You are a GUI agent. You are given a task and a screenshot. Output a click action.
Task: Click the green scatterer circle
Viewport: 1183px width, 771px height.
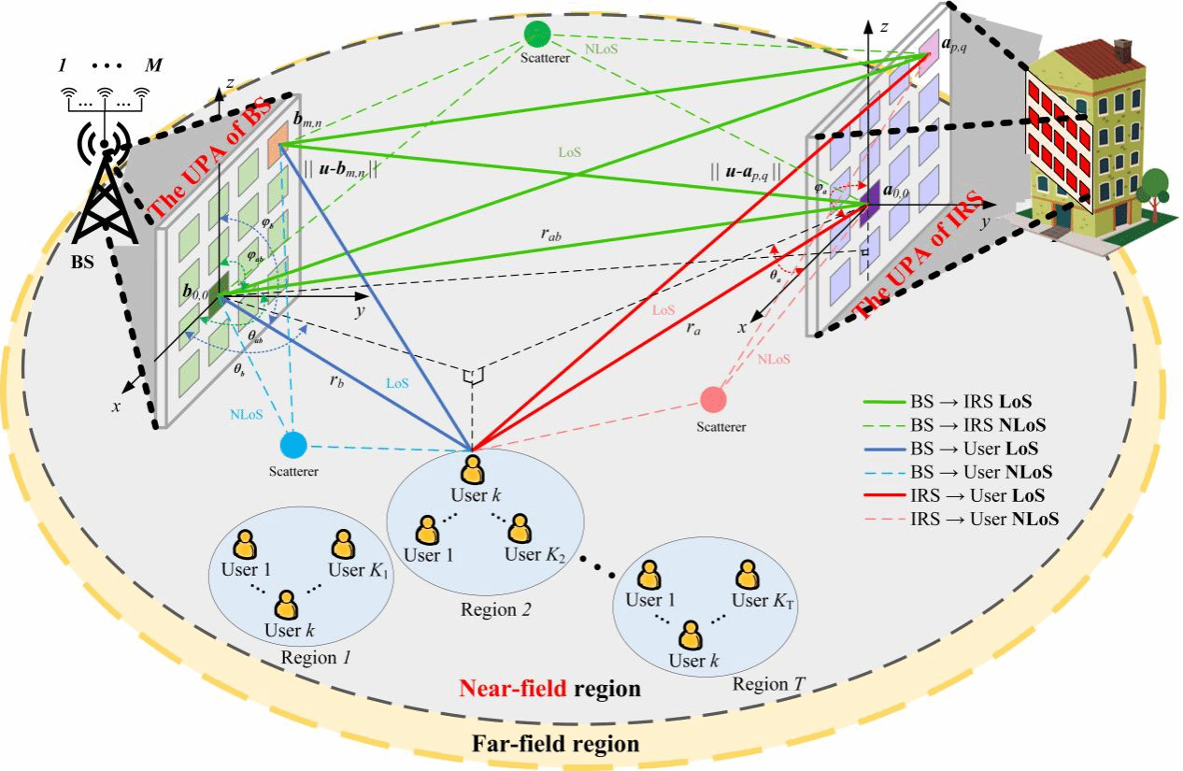[x=536, y=35]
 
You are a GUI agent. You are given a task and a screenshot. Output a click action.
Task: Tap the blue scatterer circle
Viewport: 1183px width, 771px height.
[x=293, y=443]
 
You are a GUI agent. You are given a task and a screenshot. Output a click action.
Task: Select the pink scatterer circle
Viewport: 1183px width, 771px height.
[x=714, y=400]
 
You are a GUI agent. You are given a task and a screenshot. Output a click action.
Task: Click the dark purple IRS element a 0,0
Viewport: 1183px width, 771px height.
[x=868, y=203]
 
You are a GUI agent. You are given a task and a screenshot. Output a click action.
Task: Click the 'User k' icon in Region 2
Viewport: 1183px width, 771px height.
[x=474, y=468]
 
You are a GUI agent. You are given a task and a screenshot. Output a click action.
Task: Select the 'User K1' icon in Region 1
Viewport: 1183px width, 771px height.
[x=343, y=545]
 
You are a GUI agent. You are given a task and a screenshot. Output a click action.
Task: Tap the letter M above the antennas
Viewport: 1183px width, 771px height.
[x=149, y=66]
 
